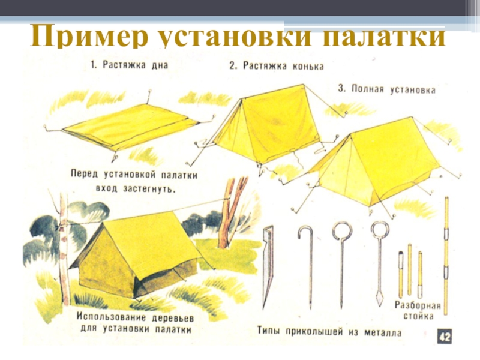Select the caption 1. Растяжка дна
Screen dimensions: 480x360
click(x=130, y=65)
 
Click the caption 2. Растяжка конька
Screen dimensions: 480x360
click(x=277, y=66)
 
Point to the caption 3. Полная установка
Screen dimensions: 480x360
click(x=386, y=89)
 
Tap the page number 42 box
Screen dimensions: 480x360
click(x=444, y=337)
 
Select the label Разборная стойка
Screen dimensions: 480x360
click(x=418, y=311)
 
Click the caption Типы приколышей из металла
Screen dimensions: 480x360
click(x=329, y=332)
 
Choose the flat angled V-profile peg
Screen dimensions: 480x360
click(x=268, y=267)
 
